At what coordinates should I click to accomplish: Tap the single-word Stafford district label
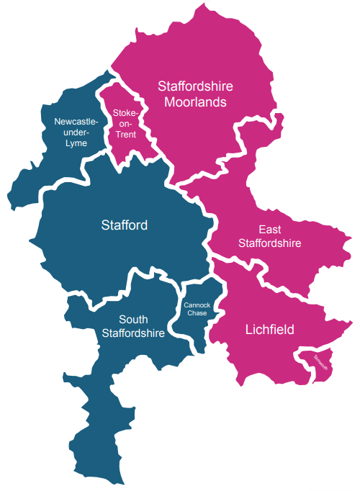[x=124, y=225]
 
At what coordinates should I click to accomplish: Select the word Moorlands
[x=195, y=102]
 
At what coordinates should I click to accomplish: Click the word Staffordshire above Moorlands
[x=195, y=86]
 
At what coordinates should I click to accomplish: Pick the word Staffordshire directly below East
[x=269, y=243]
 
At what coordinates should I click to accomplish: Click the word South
[x=133, y=320]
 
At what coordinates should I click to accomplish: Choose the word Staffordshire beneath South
[x=133, y=333]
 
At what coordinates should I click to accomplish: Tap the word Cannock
[x=196, y=305]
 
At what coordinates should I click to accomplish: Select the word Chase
[x=196, y=313]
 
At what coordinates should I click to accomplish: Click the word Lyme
[x=76, y=143]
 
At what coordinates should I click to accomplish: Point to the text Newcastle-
[x=76, y=122]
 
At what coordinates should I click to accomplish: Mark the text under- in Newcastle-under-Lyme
[x=76, y=132]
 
